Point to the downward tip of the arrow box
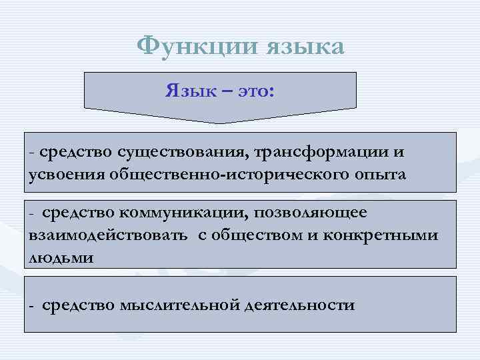221,122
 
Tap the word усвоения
63,175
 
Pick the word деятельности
299,306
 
